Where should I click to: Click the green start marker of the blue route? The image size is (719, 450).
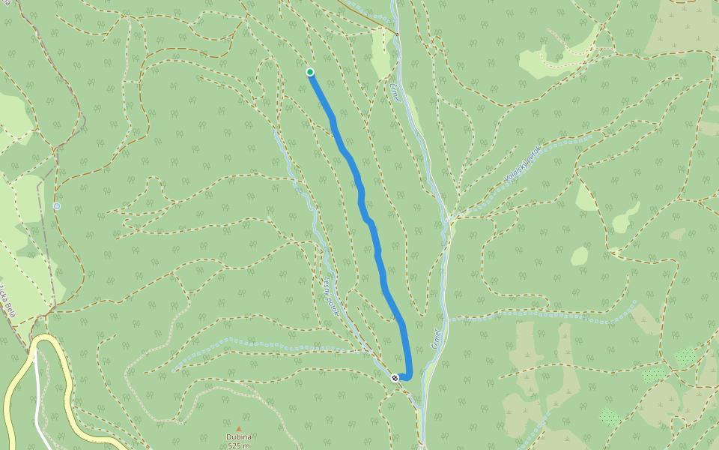tap(310, 72)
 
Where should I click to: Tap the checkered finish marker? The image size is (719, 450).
tap(395, 378)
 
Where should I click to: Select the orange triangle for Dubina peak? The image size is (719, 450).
tap(239, 429)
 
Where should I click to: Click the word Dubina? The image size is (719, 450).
tap(239, 437)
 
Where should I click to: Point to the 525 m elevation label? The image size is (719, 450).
tap(239, 445)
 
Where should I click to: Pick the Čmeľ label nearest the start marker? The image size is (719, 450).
tap(395, 92)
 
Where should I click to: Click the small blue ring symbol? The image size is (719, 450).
tap(57, 206)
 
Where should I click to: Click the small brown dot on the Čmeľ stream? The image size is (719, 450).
tap(397, 34)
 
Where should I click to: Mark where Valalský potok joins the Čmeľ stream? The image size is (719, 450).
tap(451, 219)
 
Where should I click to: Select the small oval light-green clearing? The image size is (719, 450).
tap(580, 256)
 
